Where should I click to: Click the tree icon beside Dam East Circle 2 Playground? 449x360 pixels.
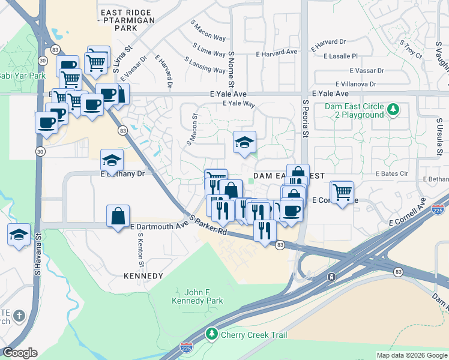(x=393, y=109)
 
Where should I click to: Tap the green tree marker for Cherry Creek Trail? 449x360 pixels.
(x=211, y=333)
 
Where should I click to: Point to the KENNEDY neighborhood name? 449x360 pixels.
(x=143, y=276)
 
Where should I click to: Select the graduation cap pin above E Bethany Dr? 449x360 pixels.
(x=112, y=160)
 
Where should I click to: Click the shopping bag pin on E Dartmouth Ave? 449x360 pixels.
(x=118, y=215)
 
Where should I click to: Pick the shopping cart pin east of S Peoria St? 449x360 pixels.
(x=342, y=193)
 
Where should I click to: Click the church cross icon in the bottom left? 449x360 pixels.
(x=19, y=316)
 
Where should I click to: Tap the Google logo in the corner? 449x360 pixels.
(x=20, y=353)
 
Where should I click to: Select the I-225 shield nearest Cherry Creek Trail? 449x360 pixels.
(x=186, y=347)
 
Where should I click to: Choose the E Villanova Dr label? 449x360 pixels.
(x=356, y=85)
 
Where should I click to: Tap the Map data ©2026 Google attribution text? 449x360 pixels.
(x=411, y=355)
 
